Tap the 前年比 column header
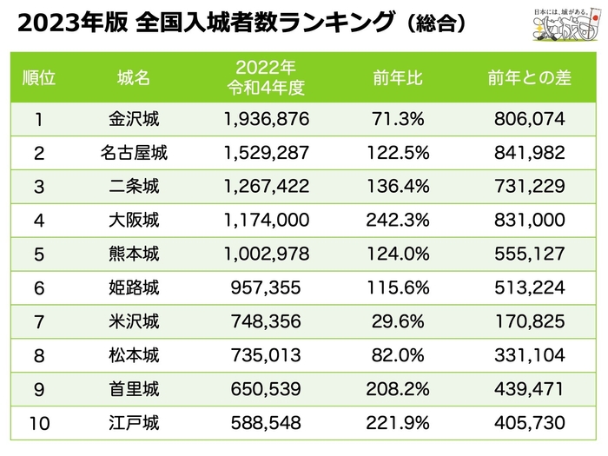coord(402,77)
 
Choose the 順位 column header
coord(38,77)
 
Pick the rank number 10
coord(38,424)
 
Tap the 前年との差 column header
coord(529,77)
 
